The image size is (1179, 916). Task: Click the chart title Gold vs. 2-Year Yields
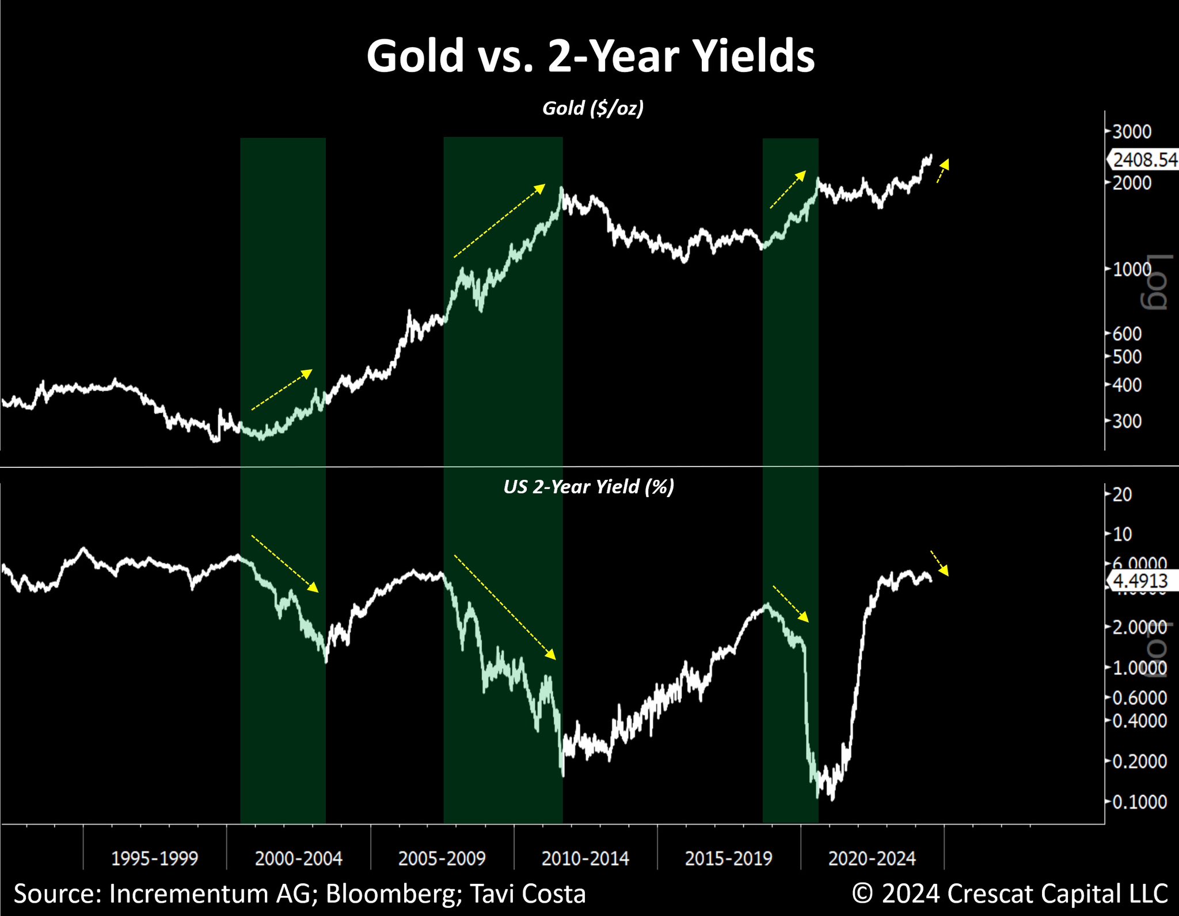point(590,56)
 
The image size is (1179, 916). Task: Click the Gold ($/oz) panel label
point(593,108)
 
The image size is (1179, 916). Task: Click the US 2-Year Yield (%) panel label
point(588,487)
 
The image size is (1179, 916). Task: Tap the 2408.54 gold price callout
point(1144,159)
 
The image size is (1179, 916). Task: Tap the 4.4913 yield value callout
point(1140,581)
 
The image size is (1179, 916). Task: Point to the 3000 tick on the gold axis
point(1131,132)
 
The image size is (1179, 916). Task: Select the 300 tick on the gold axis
point(1127,421)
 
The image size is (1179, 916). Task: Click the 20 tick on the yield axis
point(1122,494)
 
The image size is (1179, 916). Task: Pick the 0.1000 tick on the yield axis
point(1139,801)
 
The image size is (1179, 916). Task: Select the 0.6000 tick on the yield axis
point(1139,698)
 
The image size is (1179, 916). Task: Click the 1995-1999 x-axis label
point(154,858)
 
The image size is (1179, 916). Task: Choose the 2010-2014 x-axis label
point(585,858)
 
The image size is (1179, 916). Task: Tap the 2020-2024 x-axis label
point(872,858)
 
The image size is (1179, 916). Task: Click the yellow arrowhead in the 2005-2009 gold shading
point(539,188)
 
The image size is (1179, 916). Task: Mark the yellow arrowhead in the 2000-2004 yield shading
point(313,587)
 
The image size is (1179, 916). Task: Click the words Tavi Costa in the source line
point(527,894)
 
